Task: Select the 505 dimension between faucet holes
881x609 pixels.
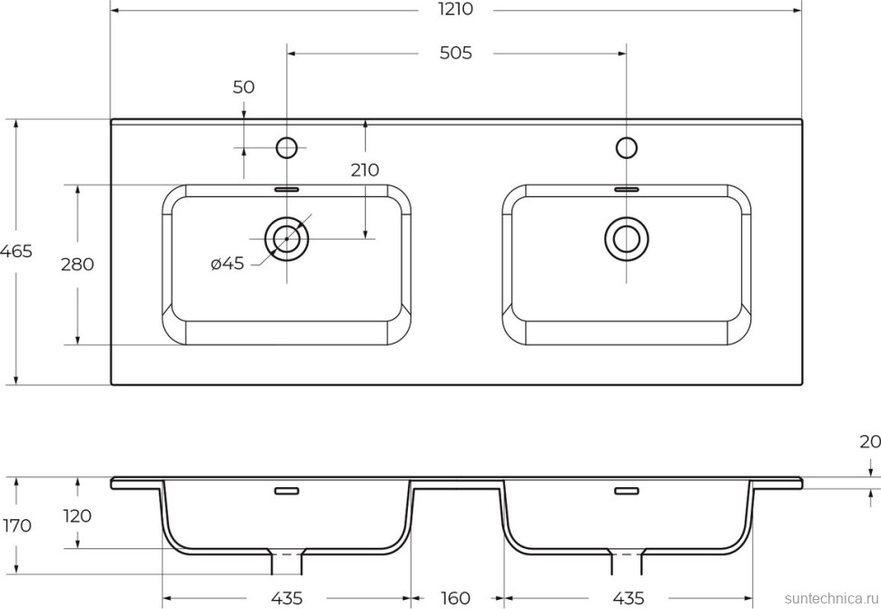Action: (455, 54)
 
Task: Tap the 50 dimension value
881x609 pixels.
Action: (243, 88)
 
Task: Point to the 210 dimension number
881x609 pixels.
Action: (365, 170)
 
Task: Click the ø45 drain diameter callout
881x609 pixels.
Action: (227, 264)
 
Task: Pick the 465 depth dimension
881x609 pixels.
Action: (16, 252)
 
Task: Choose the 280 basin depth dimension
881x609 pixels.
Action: (77, 265)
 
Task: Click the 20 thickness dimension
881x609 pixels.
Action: (869, 443)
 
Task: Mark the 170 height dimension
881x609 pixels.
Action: (16, 525)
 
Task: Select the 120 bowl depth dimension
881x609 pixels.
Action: (77, 516)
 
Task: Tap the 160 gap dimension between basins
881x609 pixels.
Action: (455, 597)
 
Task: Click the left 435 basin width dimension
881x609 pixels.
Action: (286, 597)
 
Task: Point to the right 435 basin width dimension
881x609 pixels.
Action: (628, 597)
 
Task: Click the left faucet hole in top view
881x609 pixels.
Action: (287, 146)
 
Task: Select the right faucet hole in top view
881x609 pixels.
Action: (627, 146)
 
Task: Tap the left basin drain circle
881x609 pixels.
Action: (287, 239)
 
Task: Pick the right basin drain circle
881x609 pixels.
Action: (627, 239)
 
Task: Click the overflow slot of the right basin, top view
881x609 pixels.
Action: (627, 189)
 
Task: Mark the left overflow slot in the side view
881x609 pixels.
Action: (287, 491)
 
